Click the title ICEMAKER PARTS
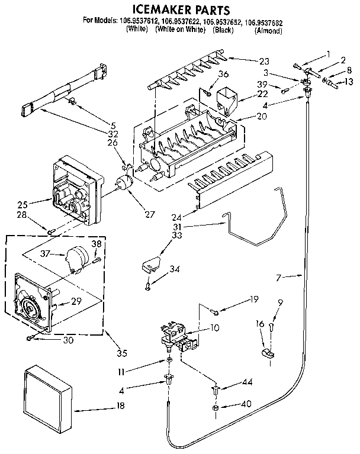click(180, 10)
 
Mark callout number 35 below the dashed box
click(122, 354)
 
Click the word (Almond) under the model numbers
click(267, 31)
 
